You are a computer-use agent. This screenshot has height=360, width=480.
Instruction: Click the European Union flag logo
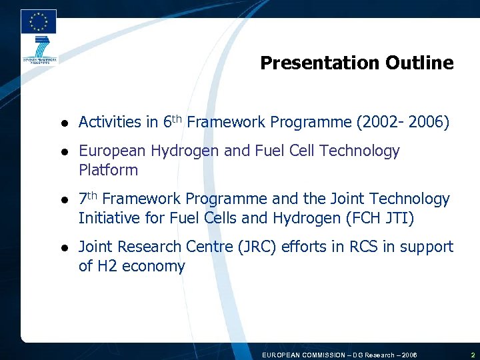(38, 22)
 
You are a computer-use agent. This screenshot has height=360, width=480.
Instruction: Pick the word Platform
(108, 170)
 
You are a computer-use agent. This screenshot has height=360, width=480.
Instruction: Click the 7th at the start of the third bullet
(88, 198)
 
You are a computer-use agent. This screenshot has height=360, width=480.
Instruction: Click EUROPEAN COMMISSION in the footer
(304, 355)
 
